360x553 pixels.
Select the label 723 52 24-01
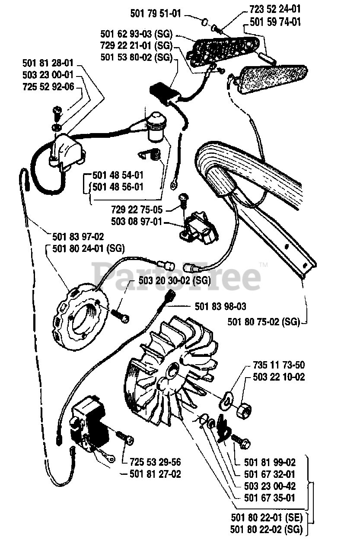[275, 9]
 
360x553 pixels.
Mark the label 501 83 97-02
[78, 237]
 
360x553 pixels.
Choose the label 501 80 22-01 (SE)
[266, 517]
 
